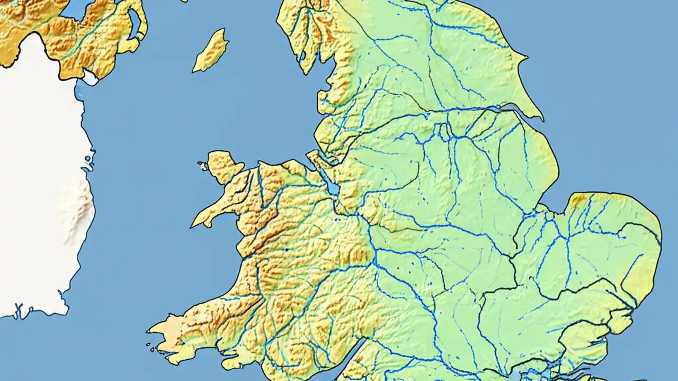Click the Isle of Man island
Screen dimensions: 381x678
(210, 51)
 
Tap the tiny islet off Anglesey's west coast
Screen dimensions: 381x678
(203, 166)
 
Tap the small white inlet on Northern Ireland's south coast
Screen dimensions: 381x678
(90, 78)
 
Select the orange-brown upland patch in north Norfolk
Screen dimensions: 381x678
(578, 200)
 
